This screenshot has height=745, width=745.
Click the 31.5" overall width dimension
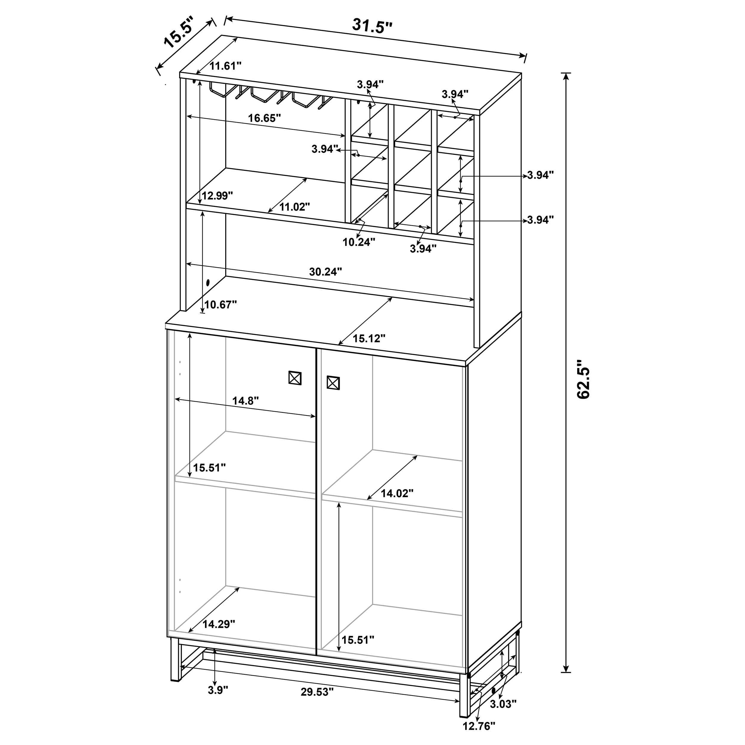click(x=372, y=26)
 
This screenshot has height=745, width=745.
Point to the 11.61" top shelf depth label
click(x=225, y=66)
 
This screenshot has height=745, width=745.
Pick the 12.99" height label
click(x=217, y=196)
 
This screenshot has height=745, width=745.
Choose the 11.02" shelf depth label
click(x=295, y=207)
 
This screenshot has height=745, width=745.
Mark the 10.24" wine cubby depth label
click(x=358, y=242)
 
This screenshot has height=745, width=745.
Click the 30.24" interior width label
click(x=325, y=272)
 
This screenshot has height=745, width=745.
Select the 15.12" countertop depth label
click(x=369, y=339)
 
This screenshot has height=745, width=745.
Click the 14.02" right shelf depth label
click(x=397, y=493)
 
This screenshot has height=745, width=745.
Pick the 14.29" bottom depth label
click(x=219, y=624)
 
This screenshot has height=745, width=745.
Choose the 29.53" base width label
click(x=317, y=703)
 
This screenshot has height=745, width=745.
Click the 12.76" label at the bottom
click(x=479, y=737)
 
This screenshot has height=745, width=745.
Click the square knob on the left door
click(x=295, y=378)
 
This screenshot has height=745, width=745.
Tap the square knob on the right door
click(x=333, y=383)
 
